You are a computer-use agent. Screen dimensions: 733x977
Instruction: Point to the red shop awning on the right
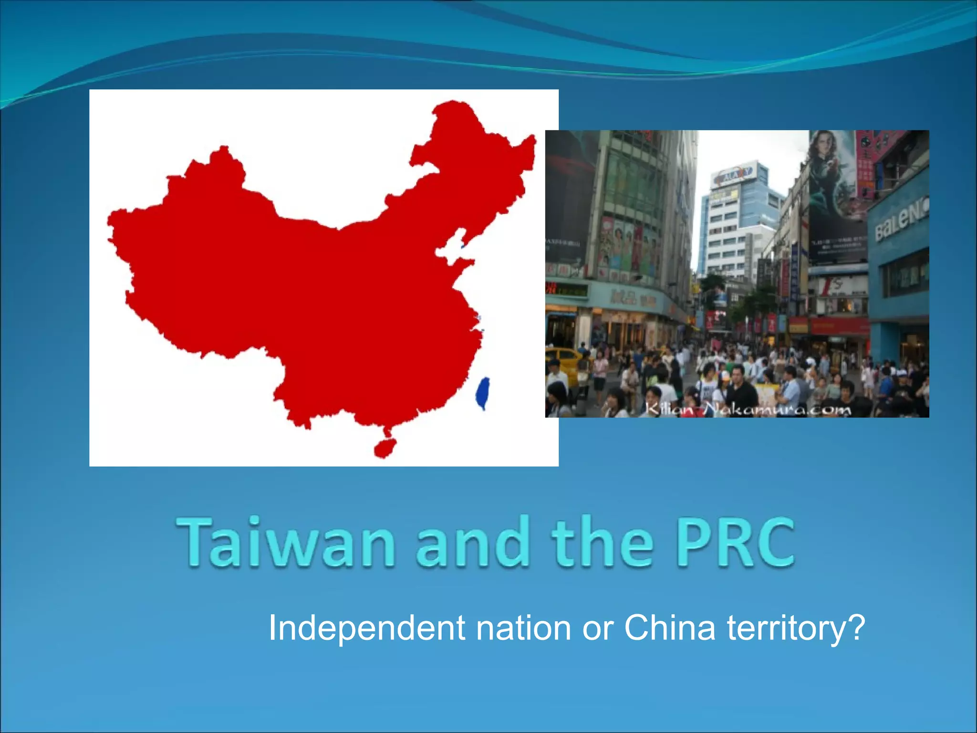coord(840,326)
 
